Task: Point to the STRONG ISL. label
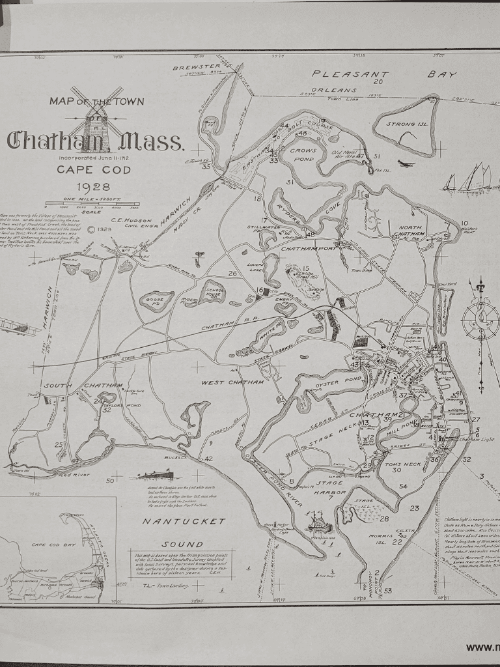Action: coord(407,123)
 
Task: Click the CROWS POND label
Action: coord(303,154)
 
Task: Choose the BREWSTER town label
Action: coord(197,66)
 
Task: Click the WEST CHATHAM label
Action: coord(232,382)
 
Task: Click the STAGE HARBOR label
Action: coord(329,488)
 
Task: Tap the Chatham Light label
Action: coord(477,440)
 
